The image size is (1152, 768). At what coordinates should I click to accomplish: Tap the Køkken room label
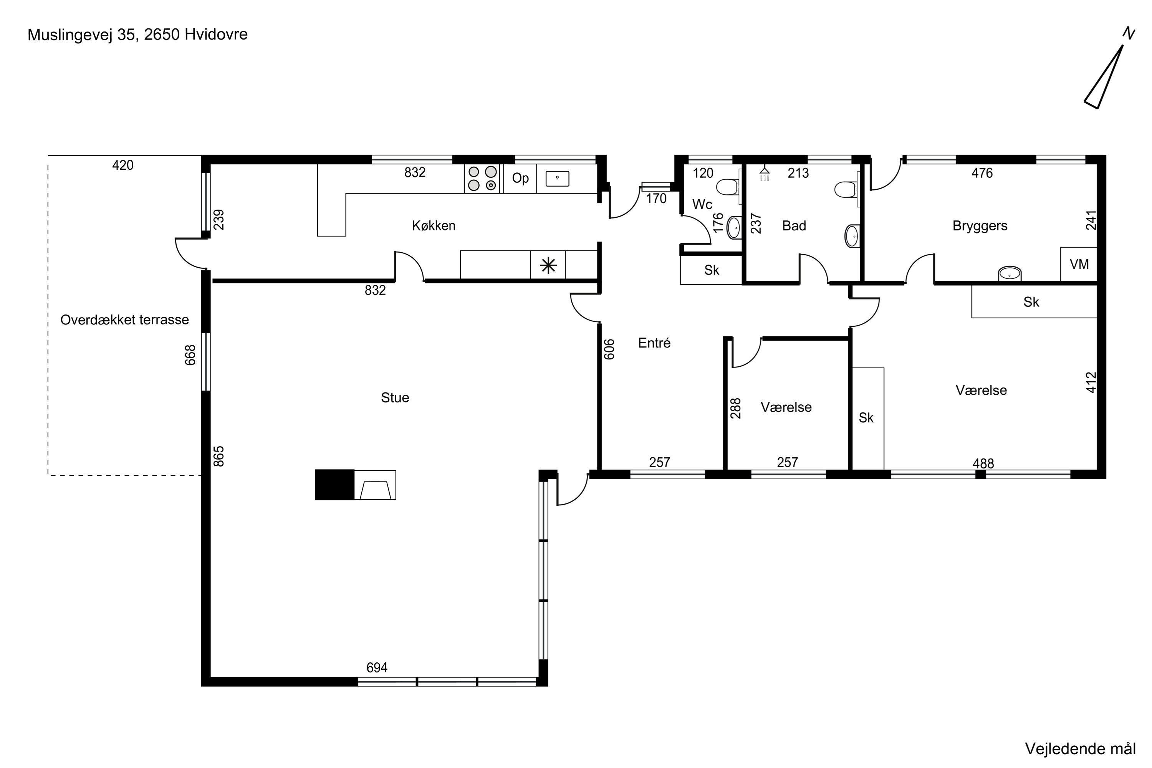(x=434, y=226)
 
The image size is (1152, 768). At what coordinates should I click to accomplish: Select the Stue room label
(x=395, y=398)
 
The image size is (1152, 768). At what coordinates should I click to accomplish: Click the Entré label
(x=654, y=343)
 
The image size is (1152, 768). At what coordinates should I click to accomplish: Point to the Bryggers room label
(x=980, y=226)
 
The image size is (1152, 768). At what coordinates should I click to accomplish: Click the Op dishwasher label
(x=520, y=178)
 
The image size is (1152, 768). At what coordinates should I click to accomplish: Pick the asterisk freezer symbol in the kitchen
(x=548, y=265)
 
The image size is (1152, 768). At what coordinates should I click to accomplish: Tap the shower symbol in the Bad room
(x=765, y=174)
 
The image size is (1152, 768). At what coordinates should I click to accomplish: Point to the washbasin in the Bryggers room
(x=1010, y=274)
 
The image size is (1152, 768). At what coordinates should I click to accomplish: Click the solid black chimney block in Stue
(x=334, y=485)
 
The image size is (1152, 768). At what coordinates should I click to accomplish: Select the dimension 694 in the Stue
(x=377, y=668)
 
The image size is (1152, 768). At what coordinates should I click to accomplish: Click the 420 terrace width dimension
(x=122, y=166)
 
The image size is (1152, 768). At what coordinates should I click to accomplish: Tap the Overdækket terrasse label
(x=124, y=320)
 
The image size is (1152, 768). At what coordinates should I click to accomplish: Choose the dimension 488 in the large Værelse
(x=983, y=463)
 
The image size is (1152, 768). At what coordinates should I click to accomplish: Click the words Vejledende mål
(x=1080, y=749)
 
